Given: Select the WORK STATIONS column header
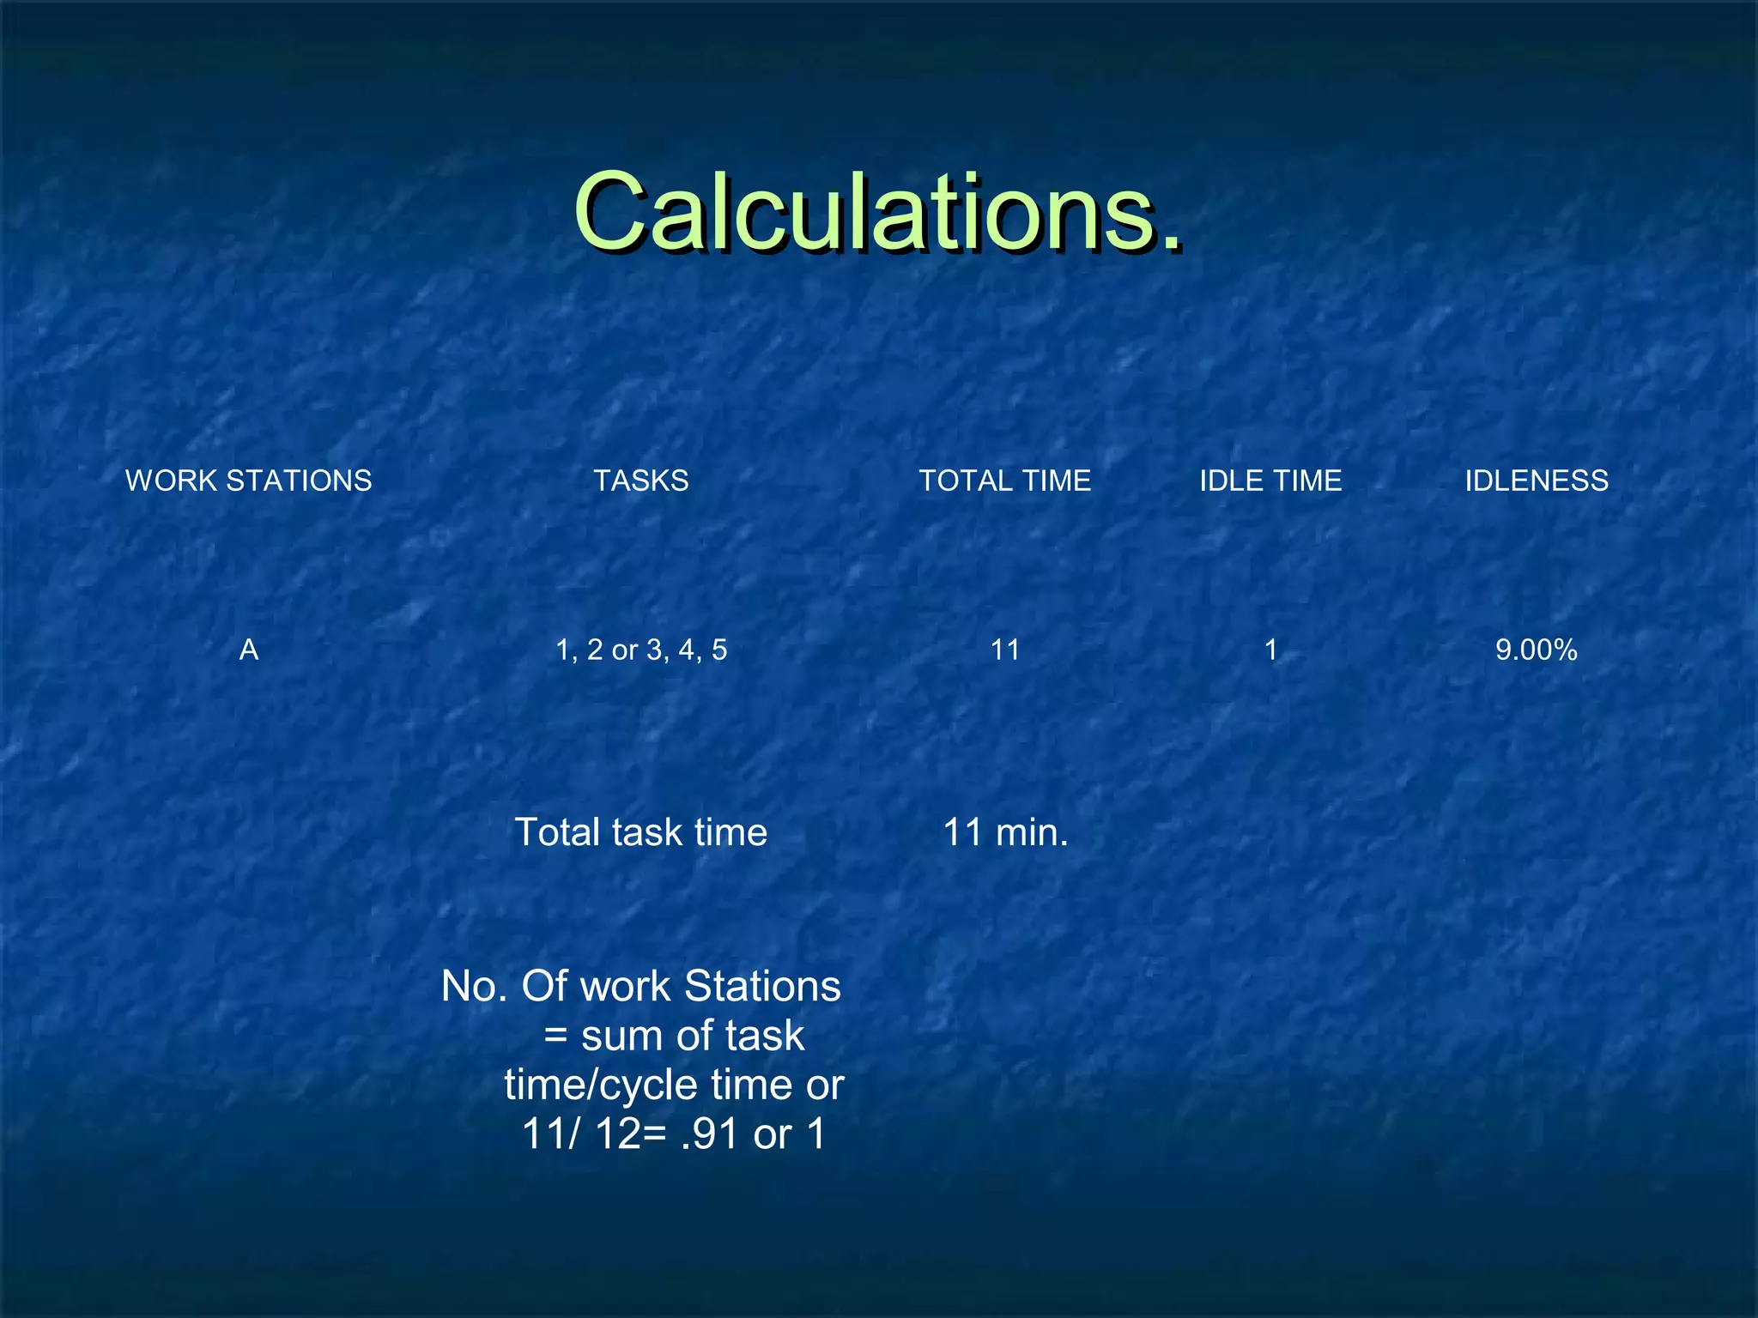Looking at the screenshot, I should pos(249,481).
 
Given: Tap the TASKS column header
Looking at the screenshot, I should pos(640,481).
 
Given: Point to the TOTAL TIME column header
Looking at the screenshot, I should pos(1005,481).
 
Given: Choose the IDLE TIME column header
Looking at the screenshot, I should pos(1270,481).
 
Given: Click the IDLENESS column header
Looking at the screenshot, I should pos(1537,481).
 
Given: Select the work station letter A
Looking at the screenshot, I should pos(249,650).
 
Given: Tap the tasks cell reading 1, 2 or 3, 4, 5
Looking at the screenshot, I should pos(640,650).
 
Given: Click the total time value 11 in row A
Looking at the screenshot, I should pos(1005,650).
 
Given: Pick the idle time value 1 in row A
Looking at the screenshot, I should pos(1271,650).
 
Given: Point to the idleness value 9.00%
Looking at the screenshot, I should pos(1537,650).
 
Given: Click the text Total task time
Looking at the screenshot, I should pos(640,832).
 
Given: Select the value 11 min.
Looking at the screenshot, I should pos(1005,832).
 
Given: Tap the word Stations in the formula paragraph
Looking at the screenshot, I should pos(762,987).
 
